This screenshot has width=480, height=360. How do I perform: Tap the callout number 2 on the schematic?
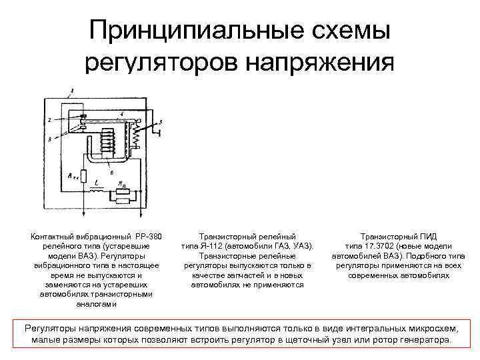[49, 120]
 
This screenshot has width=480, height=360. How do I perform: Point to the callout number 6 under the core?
[119, 173]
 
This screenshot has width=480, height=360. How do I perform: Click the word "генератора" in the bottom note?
[425, 340]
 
